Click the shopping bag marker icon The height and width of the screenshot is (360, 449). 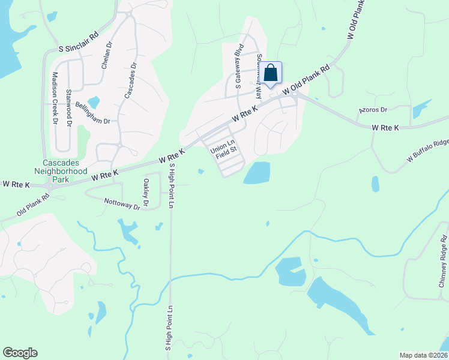[x=271, y=73]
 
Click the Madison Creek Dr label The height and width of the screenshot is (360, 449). [x=55, y=98]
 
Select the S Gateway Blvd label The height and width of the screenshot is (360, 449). [x=239, y=67]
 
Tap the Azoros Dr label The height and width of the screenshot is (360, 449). [x=373, y=110]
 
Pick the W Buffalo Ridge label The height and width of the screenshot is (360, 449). [x=427, y=150]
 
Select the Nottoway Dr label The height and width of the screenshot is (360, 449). [x=122, y=204]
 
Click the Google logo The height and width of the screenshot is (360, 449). [x=20, y=353]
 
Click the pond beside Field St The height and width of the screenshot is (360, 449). [x=256, y=173]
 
